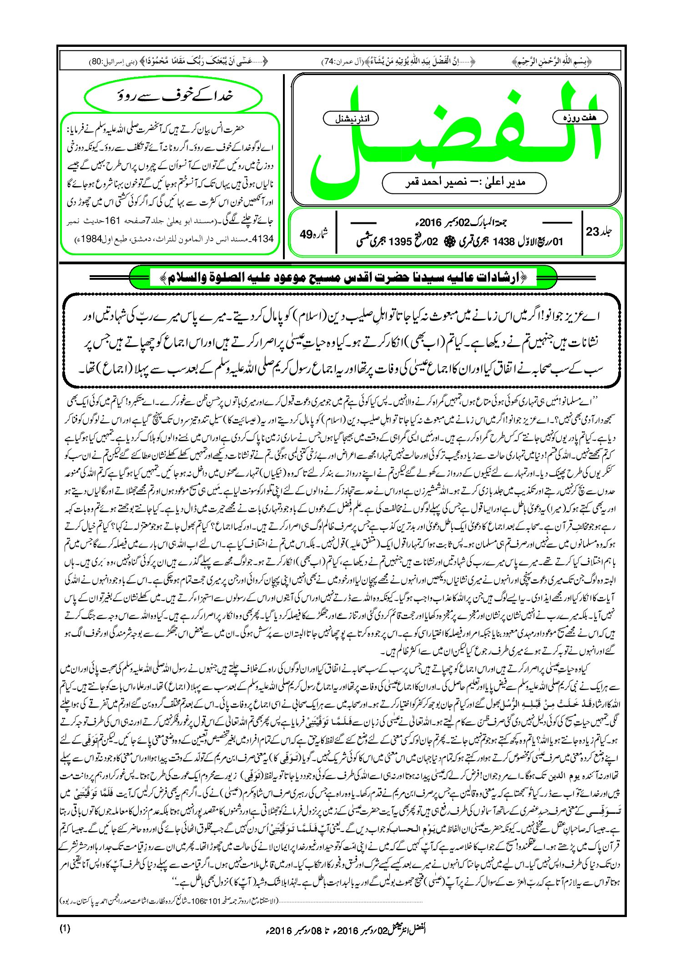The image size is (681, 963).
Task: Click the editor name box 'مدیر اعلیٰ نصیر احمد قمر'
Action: tap(464, 182)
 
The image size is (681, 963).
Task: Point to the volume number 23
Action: tap(593, 232)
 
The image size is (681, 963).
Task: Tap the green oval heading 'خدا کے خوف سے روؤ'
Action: tap(173, 96)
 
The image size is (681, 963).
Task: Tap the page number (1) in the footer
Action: tap(65, 928)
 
